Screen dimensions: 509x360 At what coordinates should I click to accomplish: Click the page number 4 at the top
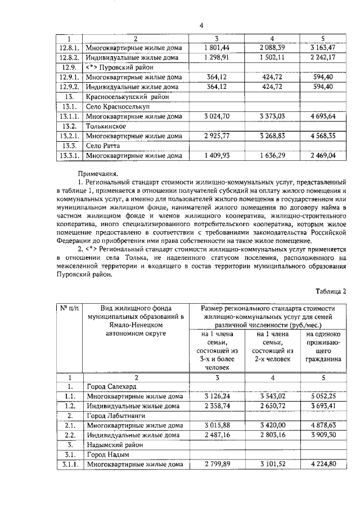click(201, 25)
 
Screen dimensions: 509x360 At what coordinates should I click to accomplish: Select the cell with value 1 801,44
click(217, 47)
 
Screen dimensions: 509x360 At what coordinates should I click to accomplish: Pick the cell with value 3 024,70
click(217, 116)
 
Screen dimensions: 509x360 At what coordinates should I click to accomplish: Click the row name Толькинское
click(105, 126)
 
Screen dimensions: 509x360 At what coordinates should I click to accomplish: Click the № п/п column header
click(70, 309)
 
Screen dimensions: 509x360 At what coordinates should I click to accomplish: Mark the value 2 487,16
click(217, 435)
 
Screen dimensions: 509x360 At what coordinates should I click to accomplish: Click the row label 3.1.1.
click(70, 464)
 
